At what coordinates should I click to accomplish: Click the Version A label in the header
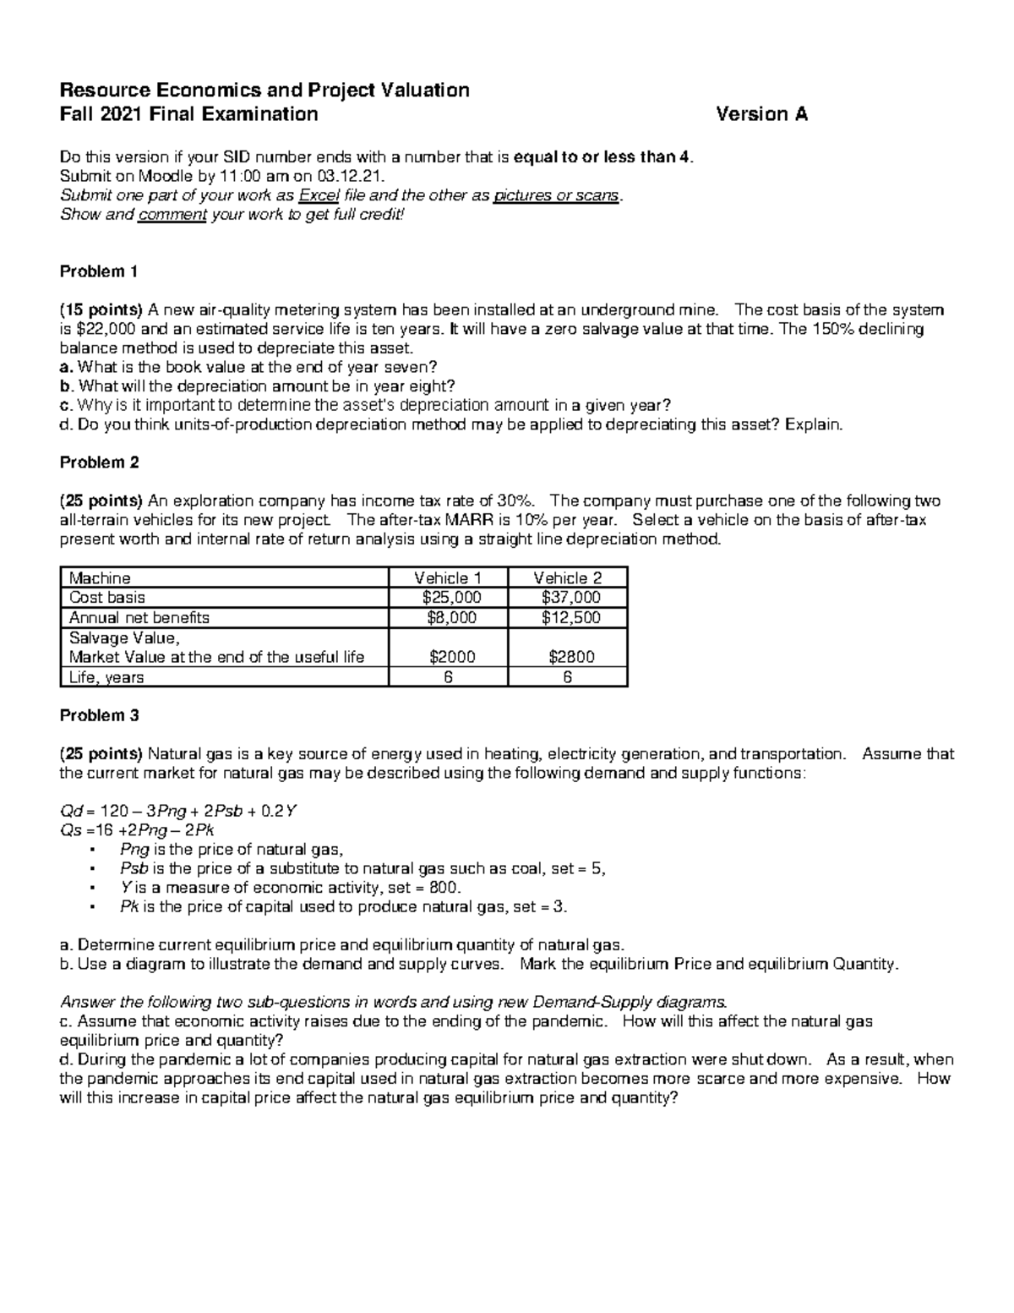tap(761, 114)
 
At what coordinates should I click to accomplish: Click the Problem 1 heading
tap(98, 271)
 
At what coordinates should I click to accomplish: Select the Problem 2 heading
tap(99, 462)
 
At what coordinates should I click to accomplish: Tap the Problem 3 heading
tap(99, 715)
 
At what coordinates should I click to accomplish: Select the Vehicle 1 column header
tap(448, 578)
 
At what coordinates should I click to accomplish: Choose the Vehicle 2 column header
tap(567, 578)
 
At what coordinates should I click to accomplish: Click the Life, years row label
tap(106, 677)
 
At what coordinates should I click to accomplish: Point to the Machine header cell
tap(100, 578)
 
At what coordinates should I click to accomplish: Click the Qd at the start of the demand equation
tap(69, 812)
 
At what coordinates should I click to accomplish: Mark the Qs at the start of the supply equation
tap(69, 830)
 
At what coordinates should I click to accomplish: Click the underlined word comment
tap(172, 214)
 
